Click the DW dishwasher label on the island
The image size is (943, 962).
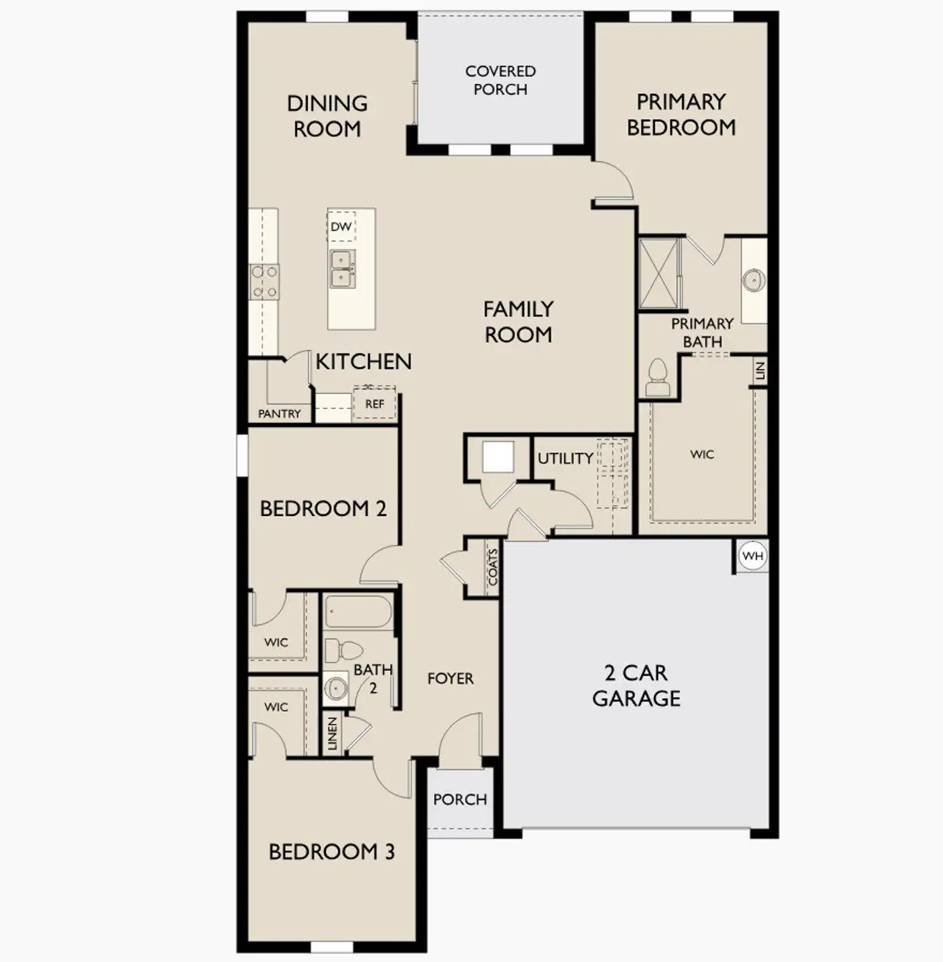(x=341, y=227)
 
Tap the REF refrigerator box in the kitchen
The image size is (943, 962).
(x=374, y=403)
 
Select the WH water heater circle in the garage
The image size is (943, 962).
(x=753, y=556)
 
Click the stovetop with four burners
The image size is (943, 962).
(x=265, y=282)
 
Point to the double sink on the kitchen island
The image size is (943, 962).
(x=341, y=268)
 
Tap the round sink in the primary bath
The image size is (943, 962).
(x=754, y=280)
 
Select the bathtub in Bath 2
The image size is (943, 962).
(x=359, y=612)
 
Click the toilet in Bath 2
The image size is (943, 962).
(x=343, y=649)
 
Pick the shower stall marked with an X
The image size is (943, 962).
(x=658, y=273)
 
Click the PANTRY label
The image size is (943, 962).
(x=279, y=414)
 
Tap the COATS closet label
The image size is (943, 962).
(x=493, y=567)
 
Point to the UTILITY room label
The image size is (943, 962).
(x=565, y=459)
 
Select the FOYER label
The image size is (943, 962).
(x=450, y=678)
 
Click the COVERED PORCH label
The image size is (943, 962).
(x=500, y=80)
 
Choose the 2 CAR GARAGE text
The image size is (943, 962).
(x=637, y=686)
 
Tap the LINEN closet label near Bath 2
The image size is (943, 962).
(x=332, y=733)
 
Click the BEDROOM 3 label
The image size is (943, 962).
(x=332, y=852)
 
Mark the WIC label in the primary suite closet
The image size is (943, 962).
(x=702, y=455)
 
